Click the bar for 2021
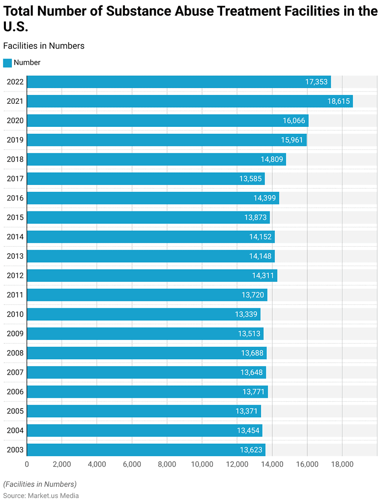189,101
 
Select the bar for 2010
143,314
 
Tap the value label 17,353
316,82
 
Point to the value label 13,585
250,179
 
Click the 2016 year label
15,198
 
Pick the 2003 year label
15,450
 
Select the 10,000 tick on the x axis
202,464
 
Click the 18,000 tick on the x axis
342,464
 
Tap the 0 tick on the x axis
27,464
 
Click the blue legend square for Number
7,63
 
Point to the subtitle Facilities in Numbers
44,46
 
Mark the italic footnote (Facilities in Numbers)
40,484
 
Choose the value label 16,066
293,121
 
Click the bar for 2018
156,159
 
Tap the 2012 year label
15,275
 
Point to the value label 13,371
246,411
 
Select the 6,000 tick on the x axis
132,464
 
